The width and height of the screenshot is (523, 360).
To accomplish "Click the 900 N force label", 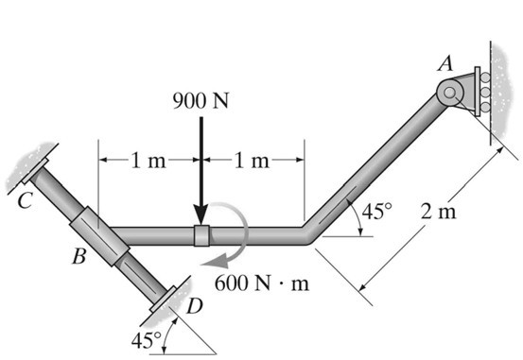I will point(200,101).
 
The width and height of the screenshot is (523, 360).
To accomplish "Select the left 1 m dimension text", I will point(148,159).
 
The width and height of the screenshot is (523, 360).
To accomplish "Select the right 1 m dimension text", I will point(252,159).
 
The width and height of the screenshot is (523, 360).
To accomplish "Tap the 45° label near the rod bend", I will point(376,211).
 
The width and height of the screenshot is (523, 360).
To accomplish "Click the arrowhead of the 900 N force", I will point(200,217).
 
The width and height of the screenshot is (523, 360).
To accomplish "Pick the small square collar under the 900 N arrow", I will point(200,235).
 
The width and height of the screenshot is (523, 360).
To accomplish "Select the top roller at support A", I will point(485,78).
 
